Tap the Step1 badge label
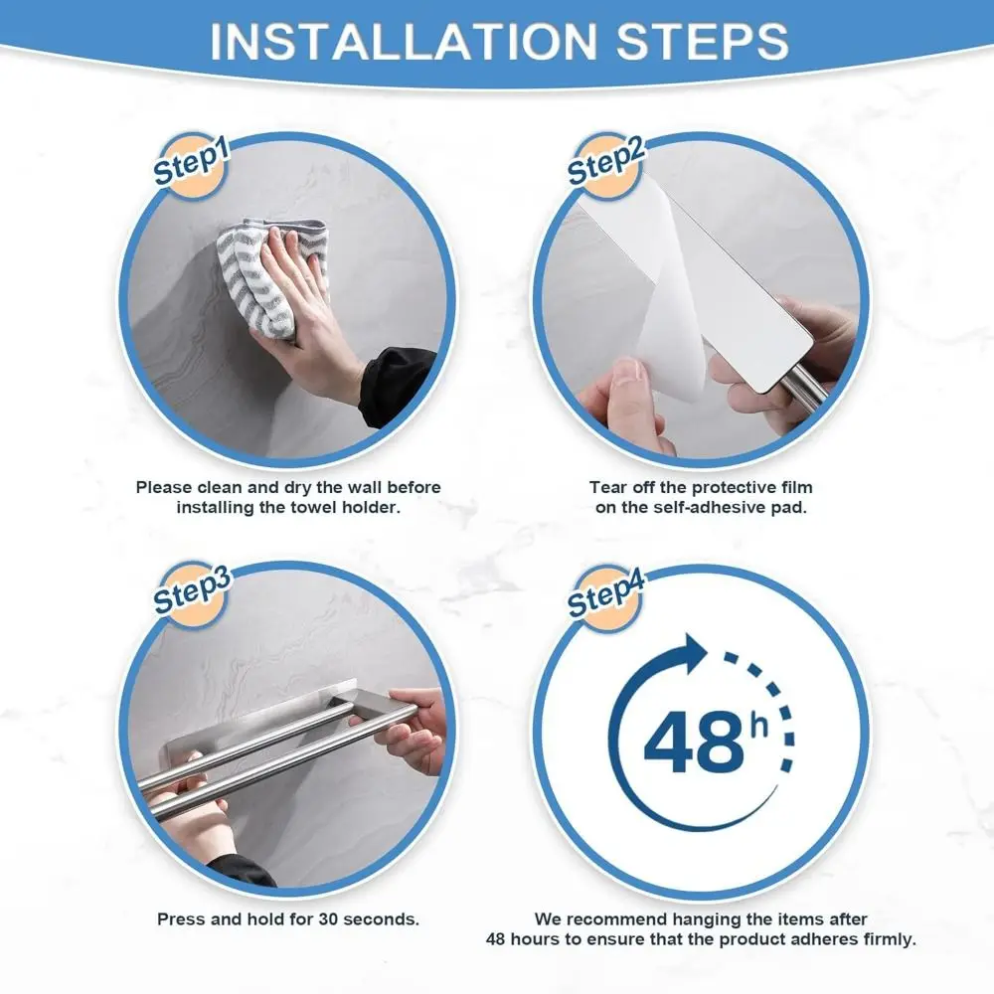coord(191,161)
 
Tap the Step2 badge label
coord(605,161)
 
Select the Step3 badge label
coord(191,593)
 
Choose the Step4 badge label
coord(605,593)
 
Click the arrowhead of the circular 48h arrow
coord(692,655)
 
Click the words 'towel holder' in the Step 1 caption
coord(352,507)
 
